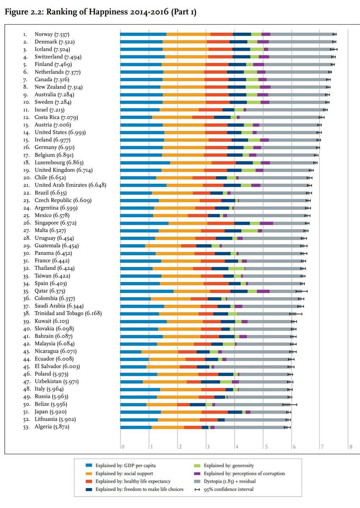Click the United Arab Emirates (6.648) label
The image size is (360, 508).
point(70,185)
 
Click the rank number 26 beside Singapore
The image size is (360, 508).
point(26,223)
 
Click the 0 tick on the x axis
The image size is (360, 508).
point(122,447)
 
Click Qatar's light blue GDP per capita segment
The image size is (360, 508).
point(147,291)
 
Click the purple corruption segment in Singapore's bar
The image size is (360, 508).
point(266,223)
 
